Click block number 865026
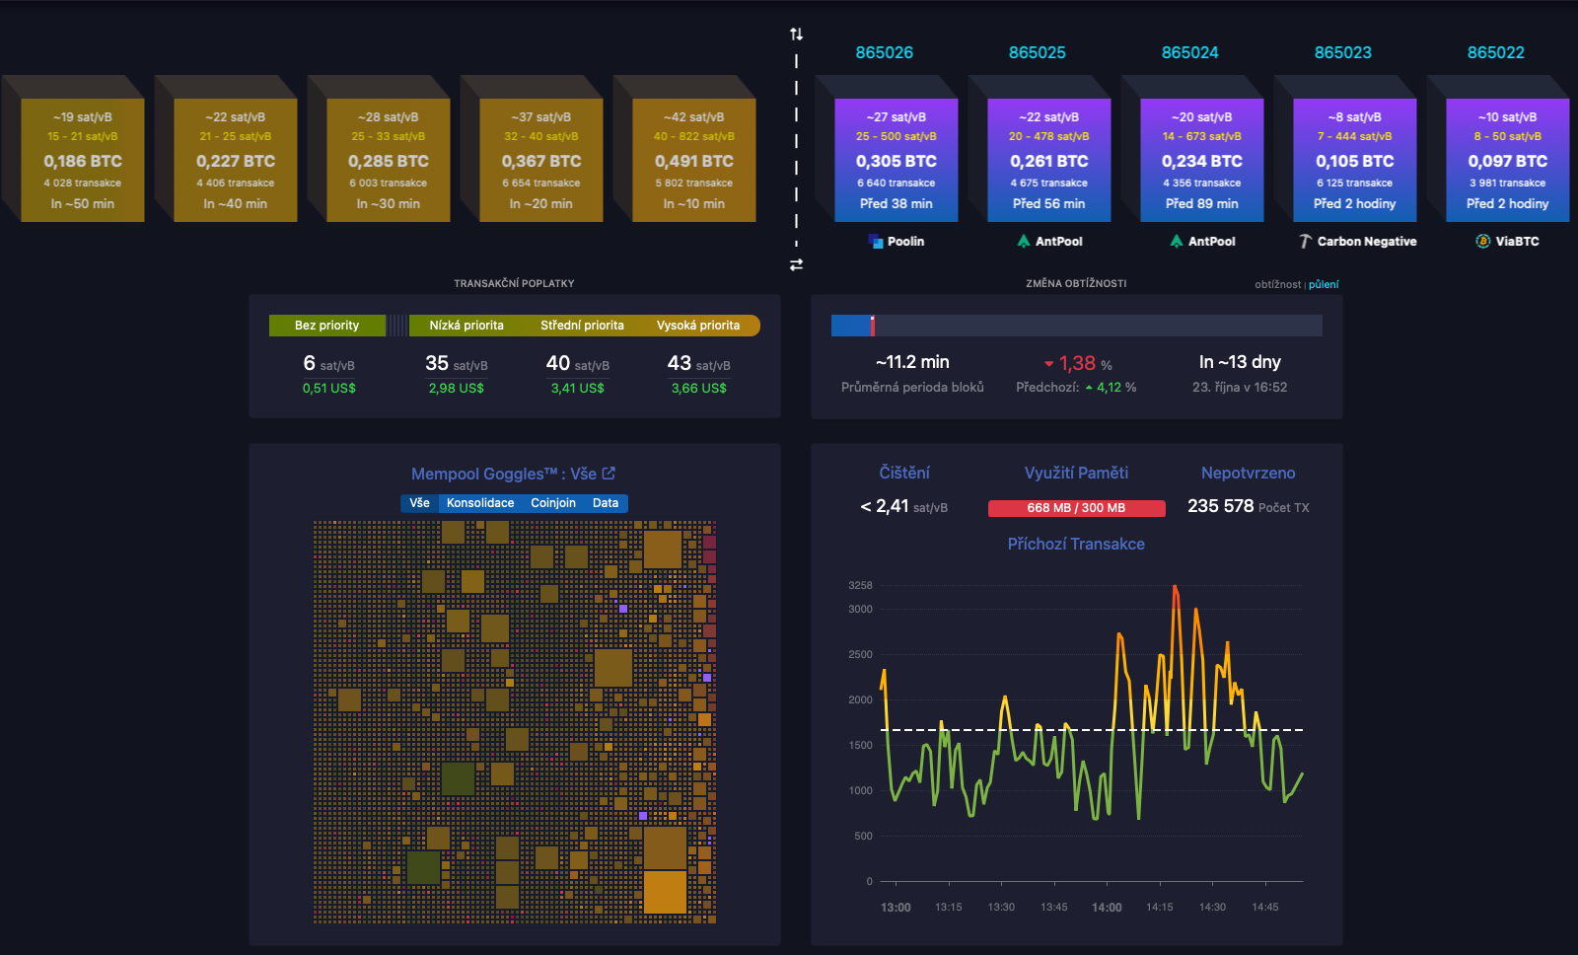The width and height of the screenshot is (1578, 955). (x=884, y=52)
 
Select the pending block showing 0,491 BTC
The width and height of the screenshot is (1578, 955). (x=693, y=160)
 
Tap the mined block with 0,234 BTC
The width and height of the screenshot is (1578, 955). (x=1201, y=160)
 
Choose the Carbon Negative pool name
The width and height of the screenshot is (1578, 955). (x=1366, y=241)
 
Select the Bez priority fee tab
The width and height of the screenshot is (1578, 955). (x=326, y=326)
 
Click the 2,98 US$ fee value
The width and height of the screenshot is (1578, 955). (x=456, y=388)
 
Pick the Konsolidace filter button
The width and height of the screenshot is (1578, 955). (x=480, y=503)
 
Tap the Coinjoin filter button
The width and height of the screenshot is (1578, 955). (x=552, y=503)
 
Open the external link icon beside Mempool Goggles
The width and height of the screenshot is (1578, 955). (x=609, y=474)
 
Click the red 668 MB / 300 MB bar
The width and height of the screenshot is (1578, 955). (x=1076, y=508)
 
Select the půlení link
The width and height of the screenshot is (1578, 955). (x=1324, y=284)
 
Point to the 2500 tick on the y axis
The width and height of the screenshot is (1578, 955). (x=860, y=654)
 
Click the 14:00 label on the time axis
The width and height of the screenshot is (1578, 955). (x=1107, y=907)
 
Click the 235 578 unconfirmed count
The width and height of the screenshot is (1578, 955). (x=1220, y=506)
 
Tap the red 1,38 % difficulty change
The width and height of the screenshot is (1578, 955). (x=1077, y=363)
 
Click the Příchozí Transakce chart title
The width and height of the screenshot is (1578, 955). (x=1076, y=544)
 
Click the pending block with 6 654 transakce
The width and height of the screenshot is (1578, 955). (x=540, y=160)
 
